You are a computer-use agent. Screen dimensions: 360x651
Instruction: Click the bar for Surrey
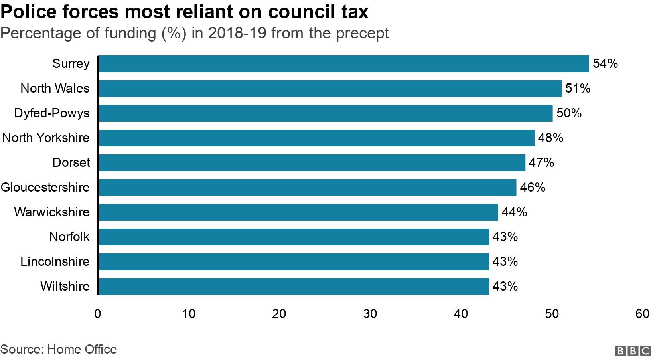[x=343, y=64]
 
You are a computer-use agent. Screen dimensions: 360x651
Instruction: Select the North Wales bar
[x=329, y=89]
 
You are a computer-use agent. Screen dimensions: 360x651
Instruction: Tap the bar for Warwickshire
[x=298, y=212]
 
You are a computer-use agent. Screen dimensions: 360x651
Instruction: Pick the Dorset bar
[x=312, y=163]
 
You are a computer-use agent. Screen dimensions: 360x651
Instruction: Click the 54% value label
[x=605, y=64]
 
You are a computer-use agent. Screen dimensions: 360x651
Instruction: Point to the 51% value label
[x=578, y=89]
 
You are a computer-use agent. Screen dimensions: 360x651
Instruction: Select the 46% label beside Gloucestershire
[x=532, y=188]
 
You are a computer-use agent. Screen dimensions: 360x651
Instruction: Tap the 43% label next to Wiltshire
[x=505, y=287]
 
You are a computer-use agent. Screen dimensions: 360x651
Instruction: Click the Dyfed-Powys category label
[x=52, y=113]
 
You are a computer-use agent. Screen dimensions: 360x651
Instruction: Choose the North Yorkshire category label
[x=46, y=138]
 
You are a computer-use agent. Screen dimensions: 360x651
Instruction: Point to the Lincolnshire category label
[x=55, y=262]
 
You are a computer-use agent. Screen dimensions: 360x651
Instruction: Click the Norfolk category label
[x=69, y=237]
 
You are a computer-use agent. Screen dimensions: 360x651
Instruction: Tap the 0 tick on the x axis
[x=98, y=314]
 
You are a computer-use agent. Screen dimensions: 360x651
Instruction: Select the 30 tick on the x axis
[x=370, y=314]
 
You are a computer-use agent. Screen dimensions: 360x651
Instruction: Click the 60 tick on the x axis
[x=642, y=314]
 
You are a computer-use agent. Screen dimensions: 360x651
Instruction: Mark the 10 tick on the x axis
[x=189, y=314]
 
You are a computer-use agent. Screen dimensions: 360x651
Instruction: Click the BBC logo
[x=633, y=350]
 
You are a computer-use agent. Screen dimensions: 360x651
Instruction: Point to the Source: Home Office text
[x=59, y=350]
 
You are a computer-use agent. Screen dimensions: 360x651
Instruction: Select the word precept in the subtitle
[x=362, y=34]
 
